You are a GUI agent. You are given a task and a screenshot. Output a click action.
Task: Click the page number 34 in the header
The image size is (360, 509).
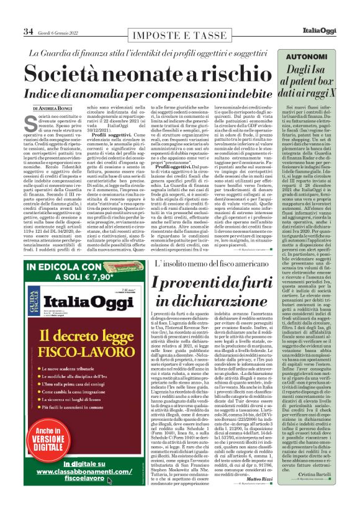point(28,31)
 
